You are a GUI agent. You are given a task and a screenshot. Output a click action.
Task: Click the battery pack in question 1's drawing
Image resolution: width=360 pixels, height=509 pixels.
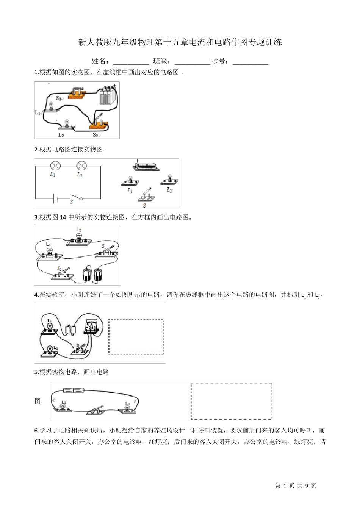(x=108, y=96)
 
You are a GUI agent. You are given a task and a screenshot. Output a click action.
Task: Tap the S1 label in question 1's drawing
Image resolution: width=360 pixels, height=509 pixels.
(x=59, y=98)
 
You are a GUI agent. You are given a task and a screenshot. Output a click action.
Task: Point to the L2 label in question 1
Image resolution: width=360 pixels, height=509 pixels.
(x=61, y=135)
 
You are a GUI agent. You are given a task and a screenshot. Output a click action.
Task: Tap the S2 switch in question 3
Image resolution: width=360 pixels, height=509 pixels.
(x=63, y=273)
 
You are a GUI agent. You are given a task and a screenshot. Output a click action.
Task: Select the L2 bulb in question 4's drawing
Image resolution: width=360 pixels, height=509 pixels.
(x=49, y=350)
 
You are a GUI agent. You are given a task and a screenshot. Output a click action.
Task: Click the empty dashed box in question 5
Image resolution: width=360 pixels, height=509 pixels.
(x=231, y=401)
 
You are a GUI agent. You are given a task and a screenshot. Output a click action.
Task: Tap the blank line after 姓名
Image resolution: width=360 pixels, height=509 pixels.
(x=131, y=61)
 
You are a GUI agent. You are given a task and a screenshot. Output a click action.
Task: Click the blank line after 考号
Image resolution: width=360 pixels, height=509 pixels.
(x=250, y=61)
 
